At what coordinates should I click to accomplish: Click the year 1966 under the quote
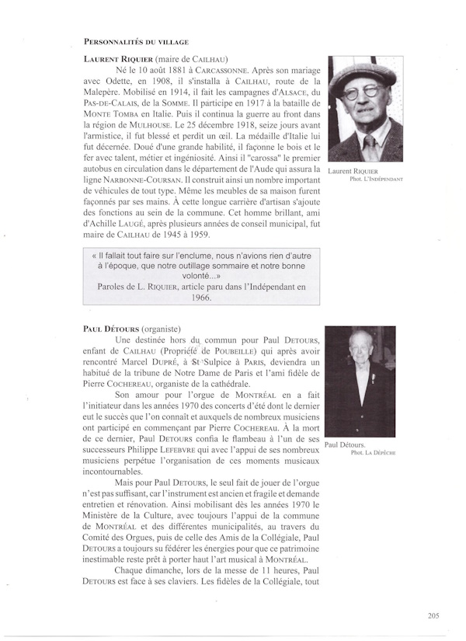pos(202,298)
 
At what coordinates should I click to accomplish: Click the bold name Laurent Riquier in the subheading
pos(117,58)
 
